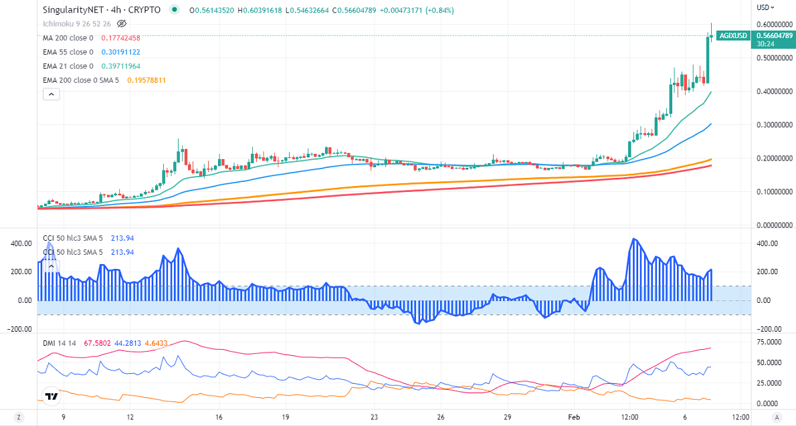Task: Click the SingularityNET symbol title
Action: (101, 10)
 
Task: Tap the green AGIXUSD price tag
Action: (732, 35)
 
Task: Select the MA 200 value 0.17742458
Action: (120, 38)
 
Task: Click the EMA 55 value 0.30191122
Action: (120, 52)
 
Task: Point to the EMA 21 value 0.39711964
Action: (120, 66)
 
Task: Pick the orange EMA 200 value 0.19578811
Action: (143, 80)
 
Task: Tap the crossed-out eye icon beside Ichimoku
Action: (122, 24)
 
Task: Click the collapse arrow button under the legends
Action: (52, 94)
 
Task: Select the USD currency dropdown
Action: (765, 7)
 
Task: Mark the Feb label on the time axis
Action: (575, 417)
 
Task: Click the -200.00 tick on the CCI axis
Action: (769, 329)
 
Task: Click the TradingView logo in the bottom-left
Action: (51, 397)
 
